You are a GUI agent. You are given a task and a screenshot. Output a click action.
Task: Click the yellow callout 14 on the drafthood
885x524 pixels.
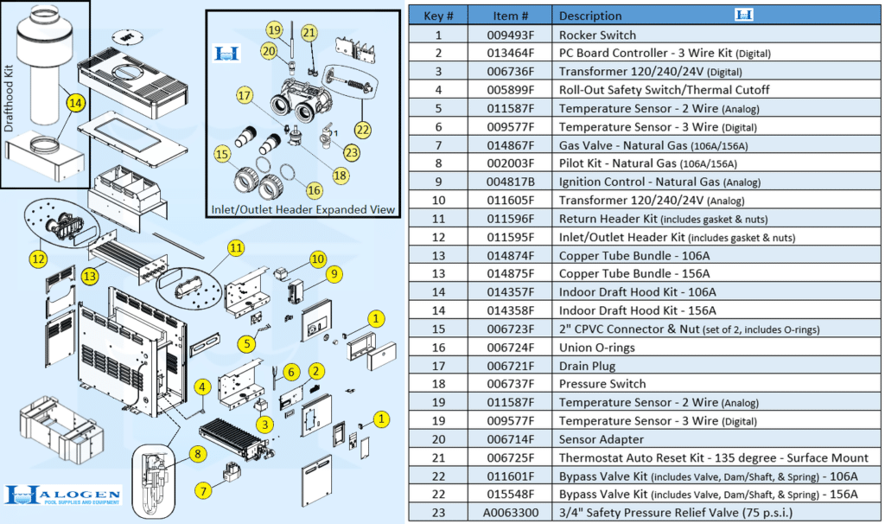(x=76, y=103)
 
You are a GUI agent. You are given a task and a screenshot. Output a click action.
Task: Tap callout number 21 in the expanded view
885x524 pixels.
(x=309, y=33)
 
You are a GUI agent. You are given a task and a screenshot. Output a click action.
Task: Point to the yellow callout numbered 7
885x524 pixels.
(x=204, y=491)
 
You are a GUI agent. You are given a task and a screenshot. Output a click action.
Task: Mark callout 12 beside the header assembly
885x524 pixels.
(x=37, y=258)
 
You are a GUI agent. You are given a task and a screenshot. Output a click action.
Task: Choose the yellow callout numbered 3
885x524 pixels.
(x=264, y=424)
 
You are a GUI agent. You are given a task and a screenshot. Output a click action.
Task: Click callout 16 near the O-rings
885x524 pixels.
(x=314, y=190)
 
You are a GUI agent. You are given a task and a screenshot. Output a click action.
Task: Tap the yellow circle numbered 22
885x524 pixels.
(x=362, y=130)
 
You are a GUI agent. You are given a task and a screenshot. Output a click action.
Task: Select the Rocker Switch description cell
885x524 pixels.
(x=597, y=35)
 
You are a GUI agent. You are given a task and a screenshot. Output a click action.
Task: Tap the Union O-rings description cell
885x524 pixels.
(x=597, y=348)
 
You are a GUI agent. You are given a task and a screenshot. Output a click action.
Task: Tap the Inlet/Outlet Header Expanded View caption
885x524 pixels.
(x=302, y=209)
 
